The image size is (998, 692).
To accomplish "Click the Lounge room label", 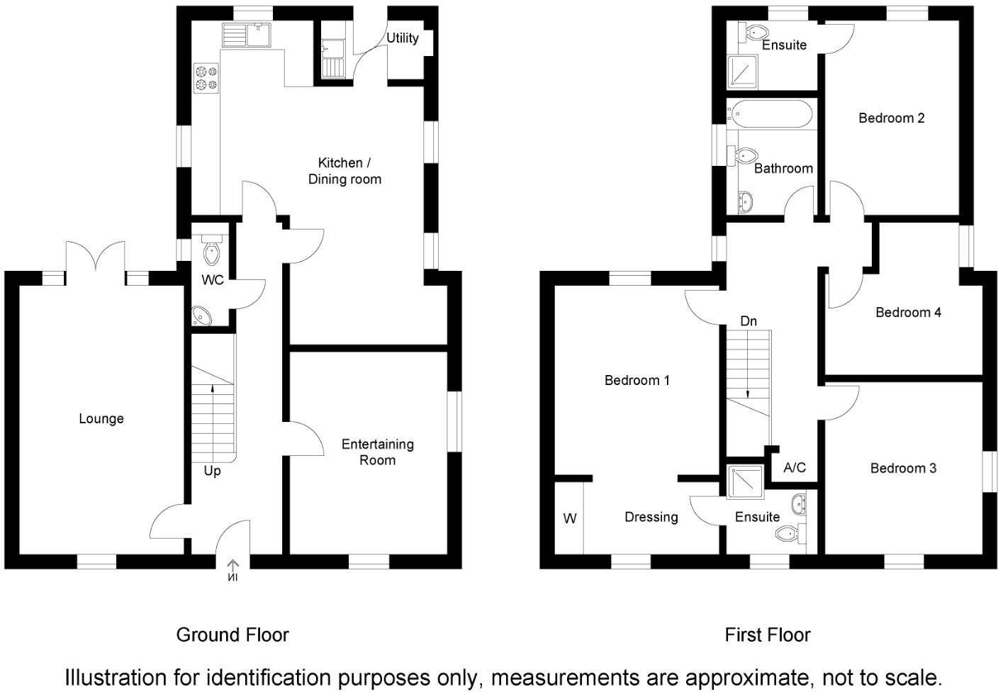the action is tap(101, 418).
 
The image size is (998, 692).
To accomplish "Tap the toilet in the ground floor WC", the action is tap(212, 250).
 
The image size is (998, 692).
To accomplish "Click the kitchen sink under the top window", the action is tap(247, 35).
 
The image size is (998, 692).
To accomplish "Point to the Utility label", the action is tap(403, 38).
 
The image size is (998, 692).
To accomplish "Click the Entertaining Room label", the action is tap(377, 452).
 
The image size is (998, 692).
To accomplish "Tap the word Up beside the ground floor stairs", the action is tap(212, 471).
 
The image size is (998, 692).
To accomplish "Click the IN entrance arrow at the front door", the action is tap(232, 571).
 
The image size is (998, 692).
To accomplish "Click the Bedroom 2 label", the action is tap(892, 118).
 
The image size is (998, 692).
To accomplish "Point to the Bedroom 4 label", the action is tap(908, 313).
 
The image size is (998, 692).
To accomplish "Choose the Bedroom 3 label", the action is tap(903, 468).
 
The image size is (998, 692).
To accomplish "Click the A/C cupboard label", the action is tap(795, 467).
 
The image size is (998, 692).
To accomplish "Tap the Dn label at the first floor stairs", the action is tap(748, 320).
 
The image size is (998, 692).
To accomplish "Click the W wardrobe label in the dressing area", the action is tap(570, 518).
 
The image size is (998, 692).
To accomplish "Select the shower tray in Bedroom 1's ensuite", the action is tap(745, 482).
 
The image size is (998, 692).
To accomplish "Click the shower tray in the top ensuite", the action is tap(742, 72).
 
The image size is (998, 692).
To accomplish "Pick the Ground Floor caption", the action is tap(232, 635).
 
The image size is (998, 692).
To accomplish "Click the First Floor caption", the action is tap(768, 635).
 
